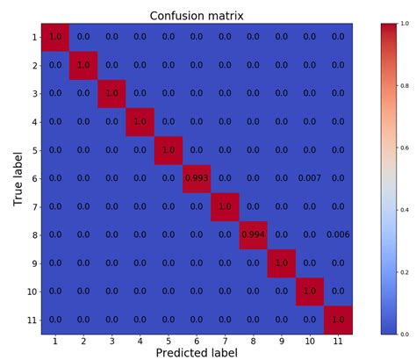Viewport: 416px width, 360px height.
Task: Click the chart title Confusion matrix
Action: pyautogui.click(x=197, y=15)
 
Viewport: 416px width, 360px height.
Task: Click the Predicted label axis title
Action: pyautogui.click(x=197, y=351)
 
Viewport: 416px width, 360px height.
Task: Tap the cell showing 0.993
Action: pyautogui.click(x=197, y=178)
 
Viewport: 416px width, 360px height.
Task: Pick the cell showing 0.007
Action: pyautogui.click(x=310, y=178)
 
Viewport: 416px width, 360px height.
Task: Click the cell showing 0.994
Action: pyautogui.click(x=254, y=234)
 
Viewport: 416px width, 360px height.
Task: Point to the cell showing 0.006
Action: pyautogui.click(x=338, y=234)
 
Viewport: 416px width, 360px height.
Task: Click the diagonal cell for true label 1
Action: pyautogui.click(x=54, y=37)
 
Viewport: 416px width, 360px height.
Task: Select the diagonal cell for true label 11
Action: pyautogui.click(x=338, y=320)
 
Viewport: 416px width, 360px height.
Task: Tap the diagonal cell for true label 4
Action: pyautogui.click(x=140, y=122)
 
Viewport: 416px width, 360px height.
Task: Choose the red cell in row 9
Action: pyautogui.click(x=282, y=263)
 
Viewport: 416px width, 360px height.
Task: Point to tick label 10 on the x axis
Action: pyautogui.click(x=310, y=339)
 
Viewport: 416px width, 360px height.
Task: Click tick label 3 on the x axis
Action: pyautogui.click(x=111, y=339)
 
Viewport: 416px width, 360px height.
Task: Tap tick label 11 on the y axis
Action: pyautogui.click(x=30, y=320)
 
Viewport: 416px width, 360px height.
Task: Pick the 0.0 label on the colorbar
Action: pyautogui.click(x=406, y=334)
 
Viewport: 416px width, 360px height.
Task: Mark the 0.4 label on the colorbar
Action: pyautogui.click(x=406, y=211)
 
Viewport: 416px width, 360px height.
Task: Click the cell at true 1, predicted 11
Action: pyautogui.click(x=338, y=37)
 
